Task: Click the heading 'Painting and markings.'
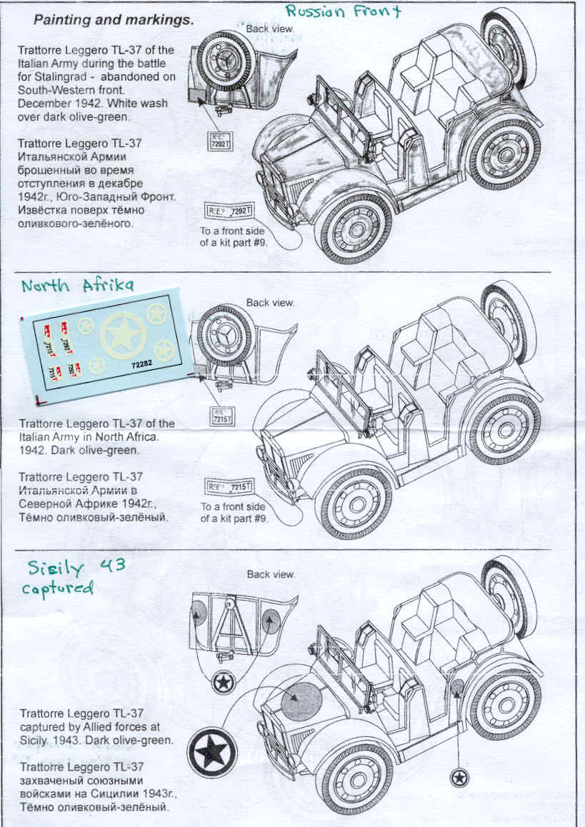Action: (x=113, y=20)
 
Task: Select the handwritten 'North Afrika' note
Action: (x=77, y=285)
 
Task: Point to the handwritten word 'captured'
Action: (x=61, y=588)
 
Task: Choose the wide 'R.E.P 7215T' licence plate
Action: (x=230, y=486)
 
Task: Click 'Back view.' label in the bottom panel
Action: (x=270, y=574)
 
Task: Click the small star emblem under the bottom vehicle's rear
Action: (x=459, y=776)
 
